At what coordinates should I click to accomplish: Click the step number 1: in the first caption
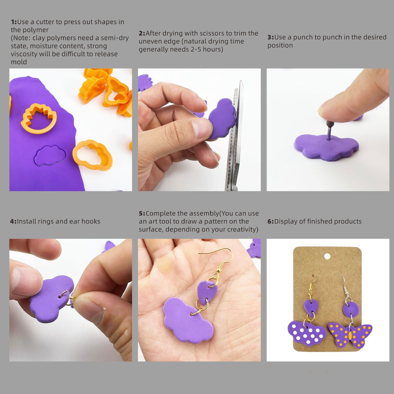point(14,22)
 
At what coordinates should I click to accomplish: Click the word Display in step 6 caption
point(285,221)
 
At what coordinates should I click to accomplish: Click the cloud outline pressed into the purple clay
point(50,155)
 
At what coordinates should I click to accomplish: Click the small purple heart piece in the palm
point(207,292)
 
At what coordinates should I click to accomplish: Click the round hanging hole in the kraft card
point(327,256)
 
